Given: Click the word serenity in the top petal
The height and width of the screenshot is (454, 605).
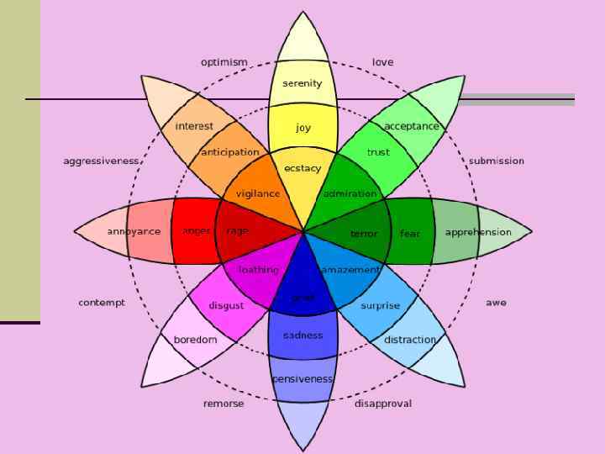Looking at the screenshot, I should [302, 83].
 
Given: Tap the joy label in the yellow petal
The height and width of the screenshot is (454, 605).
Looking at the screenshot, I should [303, 128].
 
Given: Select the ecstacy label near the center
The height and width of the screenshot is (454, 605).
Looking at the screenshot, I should [302, 168].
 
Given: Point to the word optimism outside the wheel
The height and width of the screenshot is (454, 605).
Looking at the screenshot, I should [224, 62].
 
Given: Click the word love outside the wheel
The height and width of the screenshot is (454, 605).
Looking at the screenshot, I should [382, 62].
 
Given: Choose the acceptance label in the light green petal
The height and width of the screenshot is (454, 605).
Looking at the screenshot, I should [412, 126].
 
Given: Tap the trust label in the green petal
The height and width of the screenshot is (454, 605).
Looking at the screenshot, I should [378, 152].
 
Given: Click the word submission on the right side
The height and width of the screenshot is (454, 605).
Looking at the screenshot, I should [496, 161].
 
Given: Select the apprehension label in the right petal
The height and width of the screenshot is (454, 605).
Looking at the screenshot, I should [478, 232].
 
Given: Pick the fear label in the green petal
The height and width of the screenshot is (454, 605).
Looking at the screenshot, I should [410, 233].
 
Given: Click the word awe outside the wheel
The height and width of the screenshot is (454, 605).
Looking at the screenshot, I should [496, 302].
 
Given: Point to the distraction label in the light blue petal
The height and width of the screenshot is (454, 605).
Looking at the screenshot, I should [410, 340].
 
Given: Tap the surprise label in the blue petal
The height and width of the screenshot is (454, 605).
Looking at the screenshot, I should [380, 306].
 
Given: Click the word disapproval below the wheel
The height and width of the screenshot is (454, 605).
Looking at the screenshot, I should [383, 404].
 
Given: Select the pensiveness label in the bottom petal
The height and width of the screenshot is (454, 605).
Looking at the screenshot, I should [302, 379].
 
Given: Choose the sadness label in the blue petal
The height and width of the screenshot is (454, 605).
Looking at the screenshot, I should [302, 335].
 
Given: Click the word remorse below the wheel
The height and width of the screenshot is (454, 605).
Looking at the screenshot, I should [224, 404].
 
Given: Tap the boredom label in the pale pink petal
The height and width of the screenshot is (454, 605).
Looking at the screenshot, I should [195, 340].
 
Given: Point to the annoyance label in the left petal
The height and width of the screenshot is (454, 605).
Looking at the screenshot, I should [134, 231].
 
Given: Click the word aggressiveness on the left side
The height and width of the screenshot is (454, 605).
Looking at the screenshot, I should [102, 161].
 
